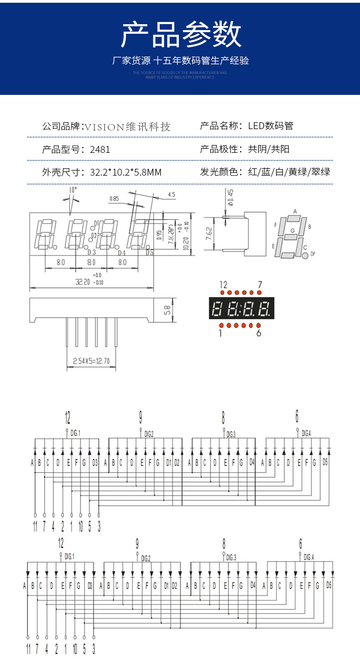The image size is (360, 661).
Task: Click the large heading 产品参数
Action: [x=181, y=35]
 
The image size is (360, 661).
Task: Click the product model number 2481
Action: [x=100, y=149]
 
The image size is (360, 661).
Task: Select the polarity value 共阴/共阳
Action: [x=269, y=149]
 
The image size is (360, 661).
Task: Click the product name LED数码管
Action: [x=271, y=126]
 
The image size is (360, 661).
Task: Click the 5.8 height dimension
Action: [x=167, y=310]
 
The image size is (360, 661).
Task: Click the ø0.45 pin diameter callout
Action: [x=231, y=197]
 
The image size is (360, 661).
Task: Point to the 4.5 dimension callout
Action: [x=172, y=195]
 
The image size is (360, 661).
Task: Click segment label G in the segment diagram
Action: [x=292, y=231]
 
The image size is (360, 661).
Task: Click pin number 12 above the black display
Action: [x=223, y=284]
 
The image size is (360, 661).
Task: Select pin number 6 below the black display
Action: [x=259, y=333]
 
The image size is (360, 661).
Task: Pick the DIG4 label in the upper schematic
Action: [x=306, y=433]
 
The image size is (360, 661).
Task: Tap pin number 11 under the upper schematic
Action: [x=35, y=526]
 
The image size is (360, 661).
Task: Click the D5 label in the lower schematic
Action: [x=329, y=585]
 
